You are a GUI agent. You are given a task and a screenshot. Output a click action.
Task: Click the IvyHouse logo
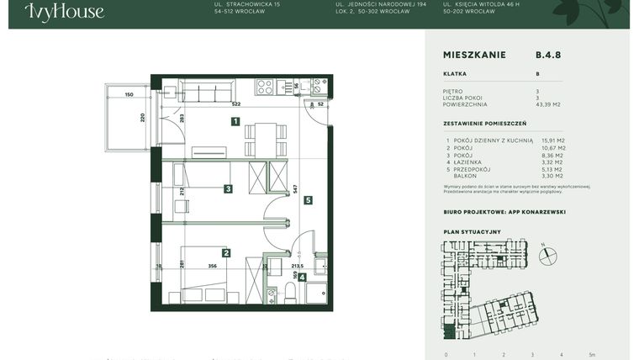click(64, 12)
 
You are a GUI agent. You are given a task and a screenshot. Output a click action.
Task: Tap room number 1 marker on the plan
click(236, 122)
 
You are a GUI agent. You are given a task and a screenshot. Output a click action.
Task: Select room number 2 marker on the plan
click(226, 252)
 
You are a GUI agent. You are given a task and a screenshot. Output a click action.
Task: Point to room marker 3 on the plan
click(228, 189)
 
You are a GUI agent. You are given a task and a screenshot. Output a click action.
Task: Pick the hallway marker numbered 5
click(309, 200)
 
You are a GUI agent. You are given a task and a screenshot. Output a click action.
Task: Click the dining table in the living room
click(265, 140)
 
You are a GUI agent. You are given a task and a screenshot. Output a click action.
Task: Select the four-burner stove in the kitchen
click(265, 86)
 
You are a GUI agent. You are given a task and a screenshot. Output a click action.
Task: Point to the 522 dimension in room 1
click(236, 104)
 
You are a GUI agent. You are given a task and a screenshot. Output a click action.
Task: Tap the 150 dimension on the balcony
click(129, 95)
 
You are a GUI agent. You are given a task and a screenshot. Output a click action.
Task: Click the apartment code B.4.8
click(547, 56)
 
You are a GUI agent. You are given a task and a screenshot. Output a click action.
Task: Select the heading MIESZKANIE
click(474, 56)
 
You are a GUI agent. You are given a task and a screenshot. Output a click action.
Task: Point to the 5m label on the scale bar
click(591, 355)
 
